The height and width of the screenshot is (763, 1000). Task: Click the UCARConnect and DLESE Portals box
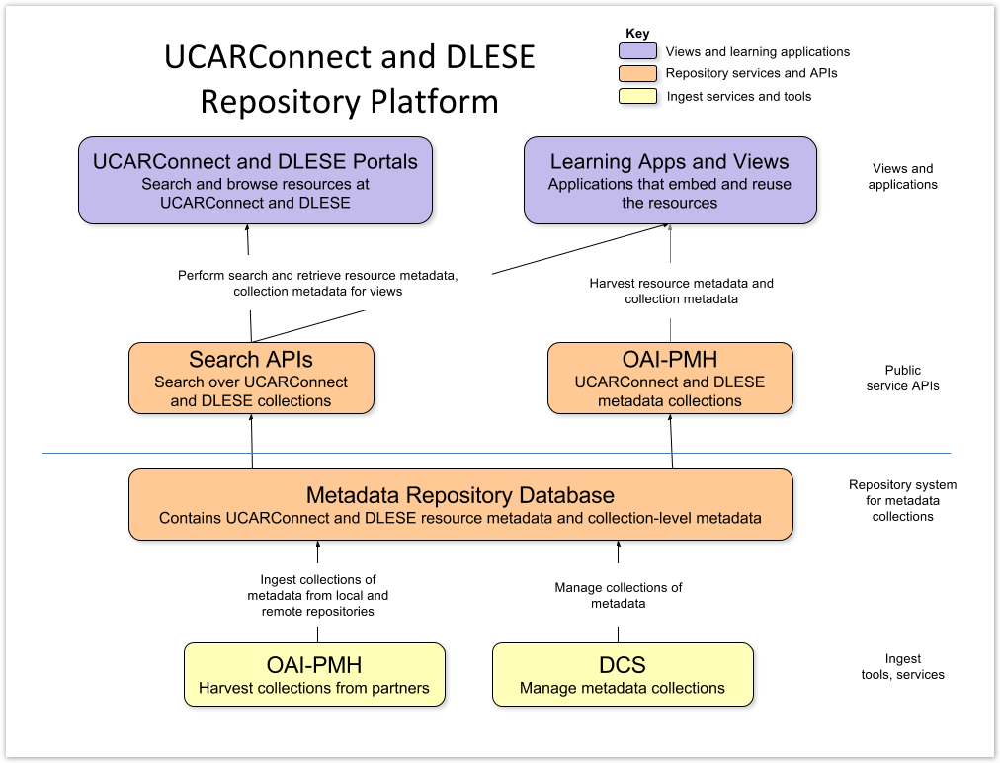pyautogui.click(x=255, y=180)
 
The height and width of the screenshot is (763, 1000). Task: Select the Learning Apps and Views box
pyautogui.click(x=670, y=180)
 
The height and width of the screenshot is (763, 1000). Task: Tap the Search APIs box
pyautogui.click(x=251, y=378)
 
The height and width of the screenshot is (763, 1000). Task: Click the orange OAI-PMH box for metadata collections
pyautogui.click(x=670, y=378)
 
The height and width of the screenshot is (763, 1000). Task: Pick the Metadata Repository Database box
pyautogui.click(x=460, y=505)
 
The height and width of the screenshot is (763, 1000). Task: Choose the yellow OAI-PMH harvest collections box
pyautogui.click(x=314, y=674)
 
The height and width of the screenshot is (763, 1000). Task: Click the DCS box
pyautogui.click(x=623, y=674)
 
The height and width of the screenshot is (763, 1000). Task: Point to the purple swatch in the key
pyautogui.click(x=637, y=51)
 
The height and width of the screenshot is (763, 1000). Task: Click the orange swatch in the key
pyautogui.click(x=637, y=73)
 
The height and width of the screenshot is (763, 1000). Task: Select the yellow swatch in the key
pyautogui.click(x=637, y=96)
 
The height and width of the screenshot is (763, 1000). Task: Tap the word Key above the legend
pyautogui.click(x=638, y=34)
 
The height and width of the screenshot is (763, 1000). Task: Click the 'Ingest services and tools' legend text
pyautogui.click(x=739, y=96)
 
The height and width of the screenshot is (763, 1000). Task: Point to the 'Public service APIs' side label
pyautogui.click(x=902, y=378)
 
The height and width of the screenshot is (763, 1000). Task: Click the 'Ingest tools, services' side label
pyautogui.click(x=902, y=666)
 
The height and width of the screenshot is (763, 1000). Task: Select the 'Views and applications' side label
pyautogui.click(x=902, y=176)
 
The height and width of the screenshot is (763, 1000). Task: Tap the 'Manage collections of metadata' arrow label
pyautogui.click(x=619, y=595)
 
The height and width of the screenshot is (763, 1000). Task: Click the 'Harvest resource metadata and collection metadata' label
pyautogui.click(x=681, y=291)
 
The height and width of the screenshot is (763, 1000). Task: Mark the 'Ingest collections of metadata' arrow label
pyautogui.click(x=317, y=595)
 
